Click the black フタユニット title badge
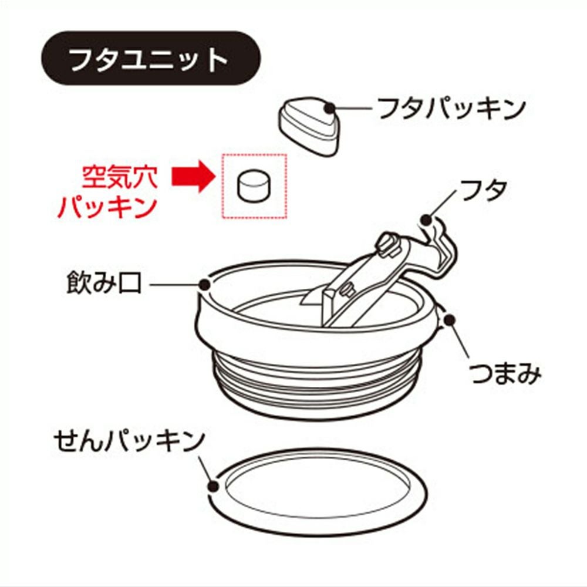point(150,58)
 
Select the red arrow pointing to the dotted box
point(194,176)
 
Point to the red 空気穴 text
point(120,177)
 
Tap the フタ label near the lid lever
point(483,190)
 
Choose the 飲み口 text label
point(104,283)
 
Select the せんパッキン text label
point(129,441)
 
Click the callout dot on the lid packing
point(330,108)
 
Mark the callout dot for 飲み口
point(205,285)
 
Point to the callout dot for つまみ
point(449,320)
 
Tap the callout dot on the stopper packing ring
point(214,486)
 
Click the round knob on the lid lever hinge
point(387,245)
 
